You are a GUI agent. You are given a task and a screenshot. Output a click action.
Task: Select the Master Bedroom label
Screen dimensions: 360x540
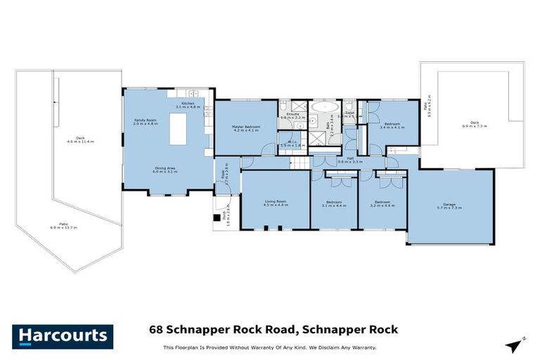click(245, 128)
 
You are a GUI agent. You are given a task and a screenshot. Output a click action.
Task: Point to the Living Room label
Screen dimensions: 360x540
click(275, 203)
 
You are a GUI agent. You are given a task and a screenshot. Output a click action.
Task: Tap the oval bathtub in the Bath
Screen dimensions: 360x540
click(325, 109)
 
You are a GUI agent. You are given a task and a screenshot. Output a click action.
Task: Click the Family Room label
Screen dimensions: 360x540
click(145, 122)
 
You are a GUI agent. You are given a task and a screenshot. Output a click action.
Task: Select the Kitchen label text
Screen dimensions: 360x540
click(188, 103)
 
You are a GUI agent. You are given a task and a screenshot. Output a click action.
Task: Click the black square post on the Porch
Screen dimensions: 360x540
click(217, 218)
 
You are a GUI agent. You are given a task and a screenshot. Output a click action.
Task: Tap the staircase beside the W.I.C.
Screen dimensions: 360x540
click(302, 163)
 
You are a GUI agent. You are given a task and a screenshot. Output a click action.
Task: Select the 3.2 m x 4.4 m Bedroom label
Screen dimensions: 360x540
click(382, 203)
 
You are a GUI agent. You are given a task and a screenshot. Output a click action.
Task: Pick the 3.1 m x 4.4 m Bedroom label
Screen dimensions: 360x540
click(335, 203)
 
